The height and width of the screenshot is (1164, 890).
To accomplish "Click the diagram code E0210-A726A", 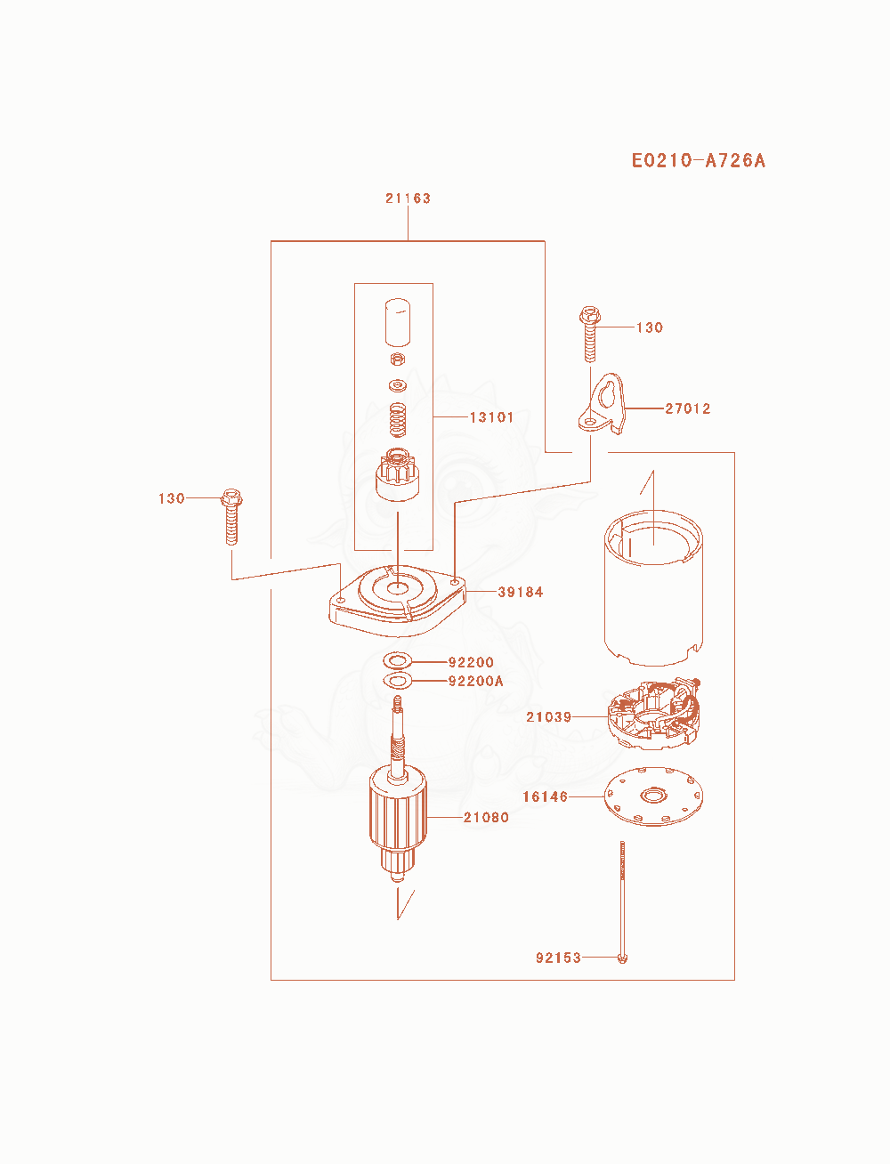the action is [698, 160].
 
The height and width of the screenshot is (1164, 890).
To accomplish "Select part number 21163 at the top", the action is [408, 198].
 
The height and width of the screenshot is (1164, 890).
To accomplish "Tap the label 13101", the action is [491, 417].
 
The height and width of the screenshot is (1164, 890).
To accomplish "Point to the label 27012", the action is [687, 408].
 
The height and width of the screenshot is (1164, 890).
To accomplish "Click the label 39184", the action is [521, 592].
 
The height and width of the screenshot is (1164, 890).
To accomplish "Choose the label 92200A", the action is [476, 681].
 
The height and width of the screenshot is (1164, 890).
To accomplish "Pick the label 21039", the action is [549, 717].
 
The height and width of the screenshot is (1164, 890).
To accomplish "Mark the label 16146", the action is [546, 796].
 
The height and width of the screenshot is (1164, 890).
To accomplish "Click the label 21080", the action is [486, 817].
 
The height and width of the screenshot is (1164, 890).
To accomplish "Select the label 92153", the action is [559, 958].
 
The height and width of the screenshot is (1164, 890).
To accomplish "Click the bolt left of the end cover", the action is [231, 516].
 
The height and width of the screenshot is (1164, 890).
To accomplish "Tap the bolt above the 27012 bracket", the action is [590, 334].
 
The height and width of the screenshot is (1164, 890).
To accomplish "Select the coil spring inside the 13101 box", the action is [398, 420].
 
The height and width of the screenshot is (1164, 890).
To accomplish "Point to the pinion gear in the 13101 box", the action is [397, 475].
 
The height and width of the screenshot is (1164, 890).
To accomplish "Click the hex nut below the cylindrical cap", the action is [398, 359].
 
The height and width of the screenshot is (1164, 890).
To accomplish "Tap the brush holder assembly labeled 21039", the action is [654, 715].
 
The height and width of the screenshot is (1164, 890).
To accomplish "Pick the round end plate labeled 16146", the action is [653, 796].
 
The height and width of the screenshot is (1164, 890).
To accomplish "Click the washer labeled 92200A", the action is [397, 681].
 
